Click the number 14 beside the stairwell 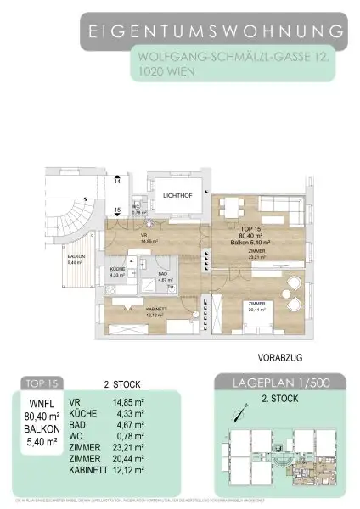coord(117,182)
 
